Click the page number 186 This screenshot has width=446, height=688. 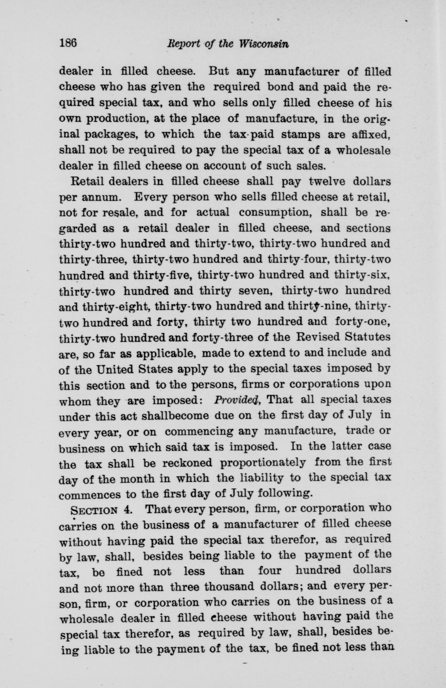68,43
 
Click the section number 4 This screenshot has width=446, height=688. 127,510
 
